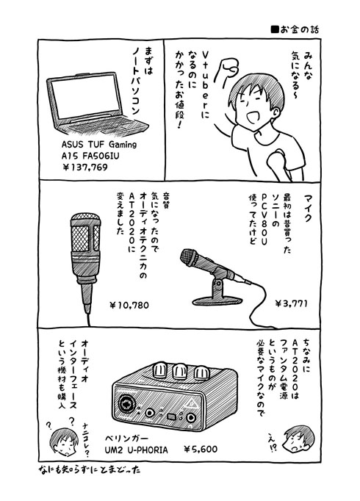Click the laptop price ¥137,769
point(84,167)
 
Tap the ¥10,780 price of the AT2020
point(129,306)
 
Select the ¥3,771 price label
point(291,303)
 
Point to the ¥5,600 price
point(201,450)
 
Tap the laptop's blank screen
point(85,96)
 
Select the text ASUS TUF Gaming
point(99,145)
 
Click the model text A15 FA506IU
point(90,156)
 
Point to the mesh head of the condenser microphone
point(85,234)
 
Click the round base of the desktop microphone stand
point(217,300)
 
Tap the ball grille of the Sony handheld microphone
point(189,257)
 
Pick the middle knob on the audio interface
point(180,370)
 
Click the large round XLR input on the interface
point(126,403)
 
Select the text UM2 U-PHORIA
point(137,450)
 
